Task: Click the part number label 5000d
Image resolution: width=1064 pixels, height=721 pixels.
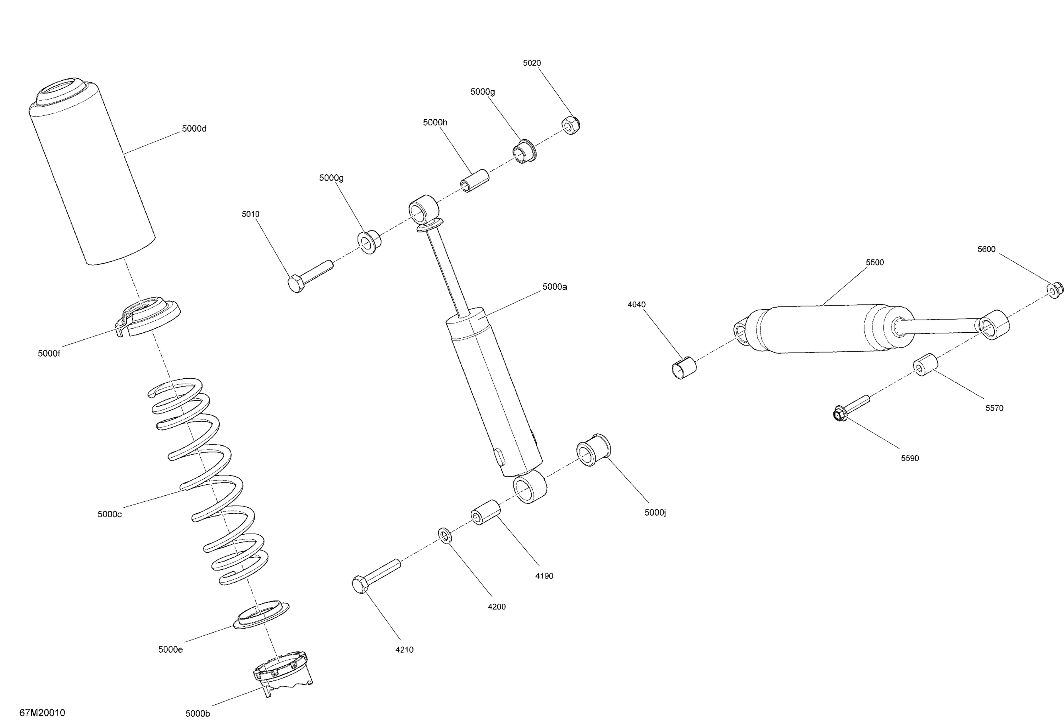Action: (x=194, y=129)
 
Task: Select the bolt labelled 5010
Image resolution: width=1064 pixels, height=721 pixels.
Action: (x=310, y=276)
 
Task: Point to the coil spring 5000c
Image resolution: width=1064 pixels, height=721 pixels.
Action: (x=208, y=480)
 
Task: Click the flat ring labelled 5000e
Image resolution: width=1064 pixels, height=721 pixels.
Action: (x=261, y=614)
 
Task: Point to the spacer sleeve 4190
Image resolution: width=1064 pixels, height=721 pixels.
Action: (x=485, y=512)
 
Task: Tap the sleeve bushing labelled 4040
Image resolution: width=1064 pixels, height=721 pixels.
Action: (x=683, y=368)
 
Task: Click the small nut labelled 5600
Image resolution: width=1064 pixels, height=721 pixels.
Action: (x=1055, y=291)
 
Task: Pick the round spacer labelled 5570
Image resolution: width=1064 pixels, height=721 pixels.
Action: (x=925, y=364)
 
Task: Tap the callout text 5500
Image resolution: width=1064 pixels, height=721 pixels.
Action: (x=875, y=263)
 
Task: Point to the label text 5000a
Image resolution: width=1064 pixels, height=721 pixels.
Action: (x=554, y=287)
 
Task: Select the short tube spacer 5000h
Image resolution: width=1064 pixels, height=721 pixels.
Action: (x=474, y=181)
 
